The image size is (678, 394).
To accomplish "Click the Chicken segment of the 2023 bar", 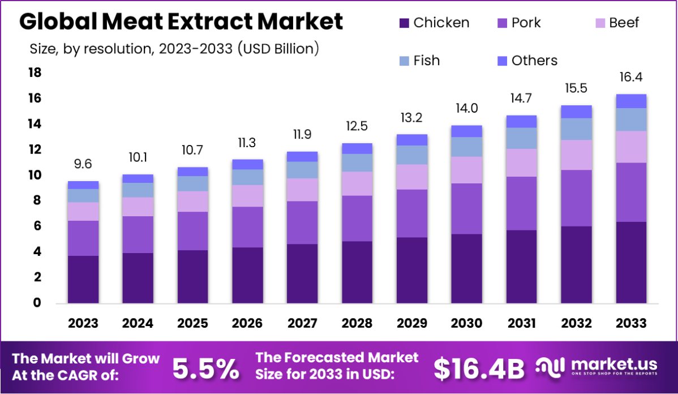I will coord(83,280).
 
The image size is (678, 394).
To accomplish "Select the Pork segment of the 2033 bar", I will coord(631,192).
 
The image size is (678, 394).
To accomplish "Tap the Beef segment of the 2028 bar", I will coord(357,183).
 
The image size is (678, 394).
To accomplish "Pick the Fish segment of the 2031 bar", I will coord(521,138).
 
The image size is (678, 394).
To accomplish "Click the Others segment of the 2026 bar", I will coord(247,164).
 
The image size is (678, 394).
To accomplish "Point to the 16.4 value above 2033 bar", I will coord(631,78).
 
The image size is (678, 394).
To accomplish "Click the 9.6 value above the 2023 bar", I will coord(83,165).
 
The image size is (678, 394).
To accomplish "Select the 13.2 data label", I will coord(412,118).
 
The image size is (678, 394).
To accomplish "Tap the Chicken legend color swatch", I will coord(404,23).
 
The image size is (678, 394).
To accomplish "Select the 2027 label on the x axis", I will coord(302,323).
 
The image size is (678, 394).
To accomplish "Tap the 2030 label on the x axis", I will coord(466,323).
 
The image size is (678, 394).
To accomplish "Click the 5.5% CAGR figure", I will coord(205,369).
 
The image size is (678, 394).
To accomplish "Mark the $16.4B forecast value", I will coord(479,369).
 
